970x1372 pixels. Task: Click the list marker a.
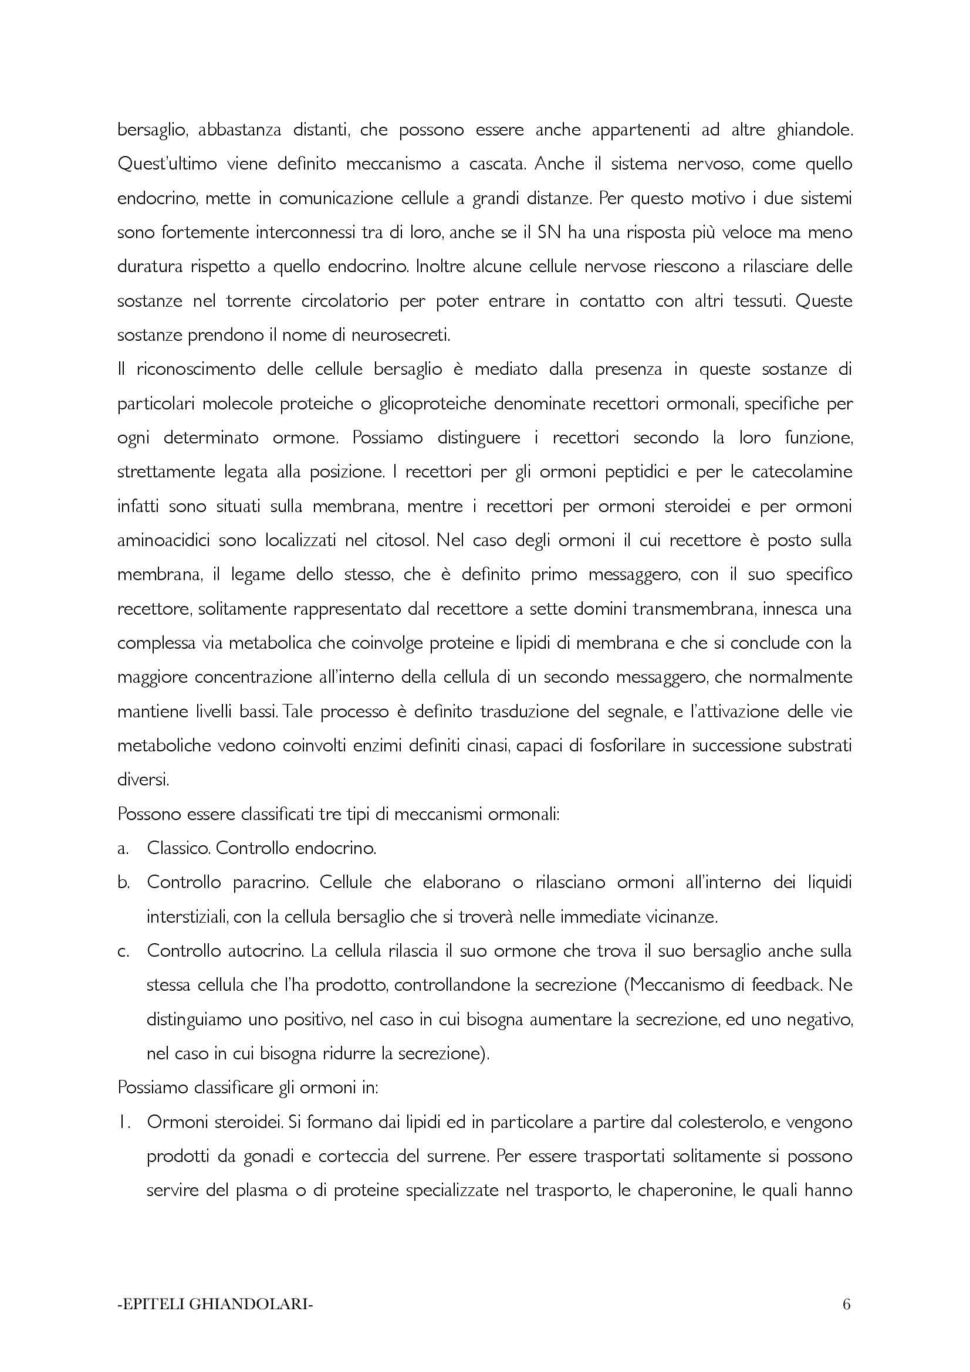tap(123, 849)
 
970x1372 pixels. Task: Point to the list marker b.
tap(123, 883)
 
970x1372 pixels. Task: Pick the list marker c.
tap(123, 952)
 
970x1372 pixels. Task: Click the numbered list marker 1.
tap(124, 1123)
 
